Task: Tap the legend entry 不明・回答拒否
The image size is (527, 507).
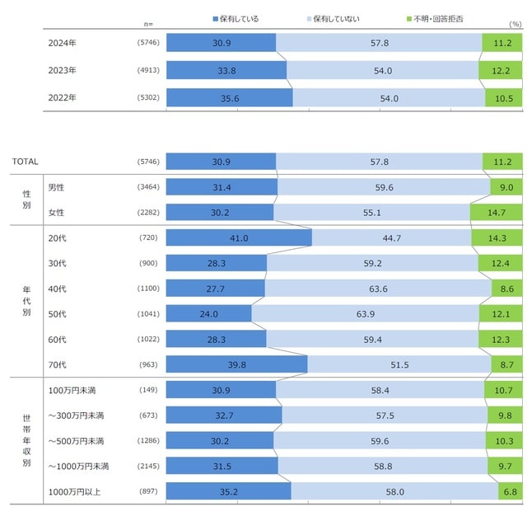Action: (436, 17)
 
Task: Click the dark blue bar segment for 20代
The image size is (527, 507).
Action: (239, 237)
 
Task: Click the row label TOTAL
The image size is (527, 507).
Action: (26, 162)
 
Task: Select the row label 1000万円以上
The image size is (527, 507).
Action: (75, 491)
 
